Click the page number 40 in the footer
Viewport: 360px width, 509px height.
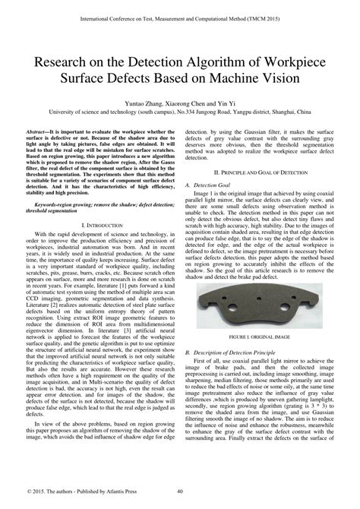click(x=179, y=490)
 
